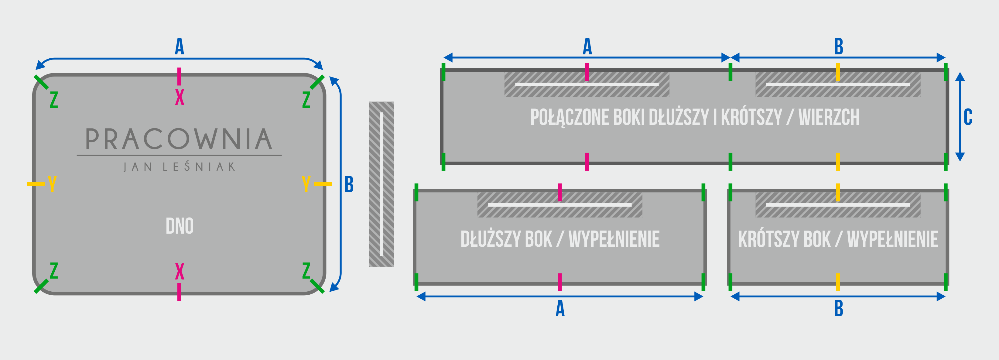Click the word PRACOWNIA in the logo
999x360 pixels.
179,139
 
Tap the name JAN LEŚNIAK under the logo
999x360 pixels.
179,167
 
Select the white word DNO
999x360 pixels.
180,226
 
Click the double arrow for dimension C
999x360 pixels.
960,116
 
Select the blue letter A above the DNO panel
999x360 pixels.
179,46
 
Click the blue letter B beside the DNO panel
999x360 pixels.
349,184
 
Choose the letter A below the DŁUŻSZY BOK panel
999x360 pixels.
560,309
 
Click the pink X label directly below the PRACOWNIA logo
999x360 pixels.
179,271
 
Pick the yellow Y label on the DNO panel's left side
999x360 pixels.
52,184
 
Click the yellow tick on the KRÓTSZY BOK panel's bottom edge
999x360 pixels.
838,282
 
